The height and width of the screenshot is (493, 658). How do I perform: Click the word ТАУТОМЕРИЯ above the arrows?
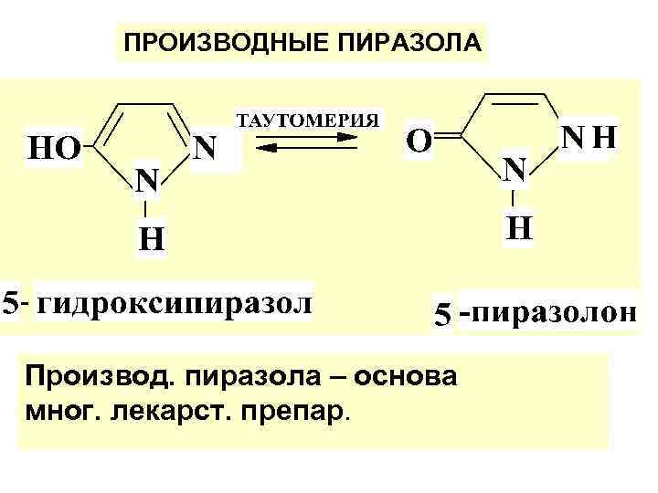point(308,120)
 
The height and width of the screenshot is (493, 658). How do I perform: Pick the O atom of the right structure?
point(419,142)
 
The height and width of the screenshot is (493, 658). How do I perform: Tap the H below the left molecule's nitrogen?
point(151,240)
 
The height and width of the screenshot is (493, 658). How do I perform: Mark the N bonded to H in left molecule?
point(148,181)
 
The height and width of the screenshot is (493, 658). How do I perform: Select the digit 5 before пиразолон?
point(442,315)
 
